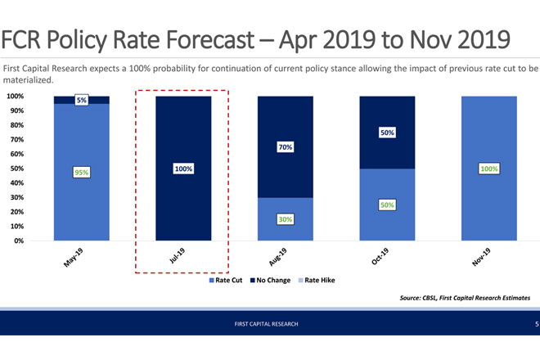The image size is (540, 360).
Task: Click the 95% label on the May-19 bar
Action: pos(82,173)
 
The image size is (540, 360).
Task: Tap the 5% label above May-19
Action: pos(82,100)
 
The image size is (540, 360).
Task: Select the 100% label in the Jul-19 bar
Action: pos(183,169)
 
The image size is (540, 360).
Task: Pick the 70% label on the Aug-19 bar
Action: pos(286,147)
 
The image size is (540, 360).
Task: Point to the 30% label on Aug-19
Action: pos(286,219)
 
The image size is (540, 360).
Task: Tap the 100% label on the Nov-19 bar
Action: pos(489,169)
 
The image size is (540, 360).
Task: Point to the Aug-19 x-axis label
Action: pos(279,257)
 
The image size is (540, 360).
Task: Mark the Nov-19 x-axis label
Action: pos(483,257)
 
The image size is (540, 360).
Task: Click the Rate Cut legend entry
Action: pos(226,281)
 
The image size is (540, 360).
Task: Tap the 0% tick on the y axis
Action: pos(18,241)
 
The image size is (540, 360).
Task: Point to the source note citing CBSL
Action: pos(464,297)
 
